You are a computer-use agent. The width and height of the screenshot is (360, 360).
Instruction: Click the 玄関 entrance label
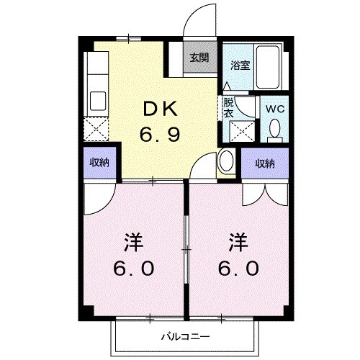199,58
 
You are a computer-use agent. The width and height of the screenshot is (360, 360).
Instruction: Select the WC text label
274,109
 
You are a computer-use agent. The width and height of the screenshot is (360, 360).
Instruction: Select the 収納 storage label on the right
265,163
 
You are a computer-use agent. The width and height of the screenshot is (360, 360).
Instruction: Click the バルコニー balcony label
184,336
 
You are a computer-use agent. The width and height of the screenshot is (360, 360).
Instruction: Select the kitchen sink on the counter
96,100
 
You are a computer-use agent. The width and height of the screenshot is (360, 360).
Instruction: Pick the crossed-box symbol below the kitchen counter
96,130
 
